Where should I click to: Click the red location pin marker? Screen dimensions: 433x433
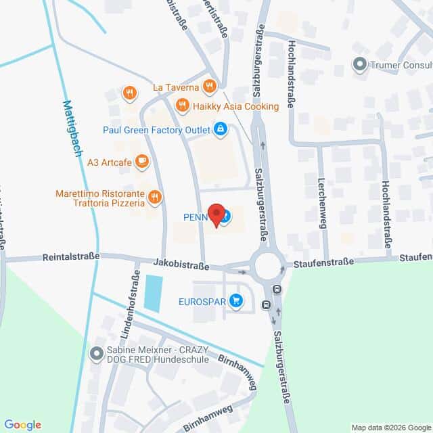click(216, 215)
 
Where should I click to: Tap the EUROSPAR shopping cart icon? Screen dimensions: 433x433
click(235, 300)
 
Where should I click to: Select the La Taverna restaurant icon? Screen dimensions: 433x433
click(210, 87)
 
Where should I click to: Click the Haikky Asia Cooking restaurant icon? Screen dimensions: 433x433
click(181, 106)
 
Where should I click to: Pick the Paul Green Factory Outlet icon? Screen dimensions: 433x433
click(220, 129)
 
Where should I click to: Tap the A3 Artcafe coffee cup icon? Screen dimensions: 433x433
click(141, 161)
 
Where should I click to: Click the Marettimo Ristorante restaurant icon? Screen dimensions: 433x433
click(156, 198)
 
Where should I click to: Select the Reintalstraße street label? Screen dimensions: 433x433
click(71, 256)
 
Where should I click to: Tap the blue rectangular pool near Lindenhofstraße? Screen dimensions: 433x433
click(153, 294)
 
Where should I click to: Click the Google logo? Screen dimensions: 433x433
click(22, 425)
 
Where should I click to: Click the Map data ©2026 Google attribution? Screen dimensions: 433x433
click(390, 427)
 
